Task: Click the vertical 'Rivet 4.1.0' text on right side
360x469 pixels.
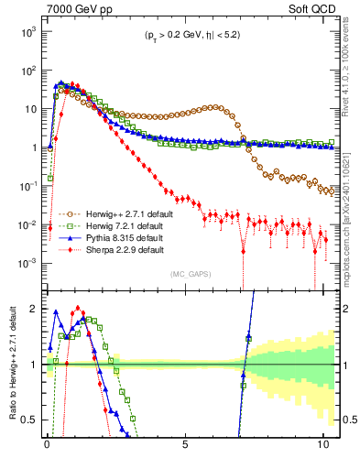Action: (x=350, y=64)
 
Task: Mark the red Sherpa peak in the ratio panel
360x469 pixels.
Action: (x=78, y=309)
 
